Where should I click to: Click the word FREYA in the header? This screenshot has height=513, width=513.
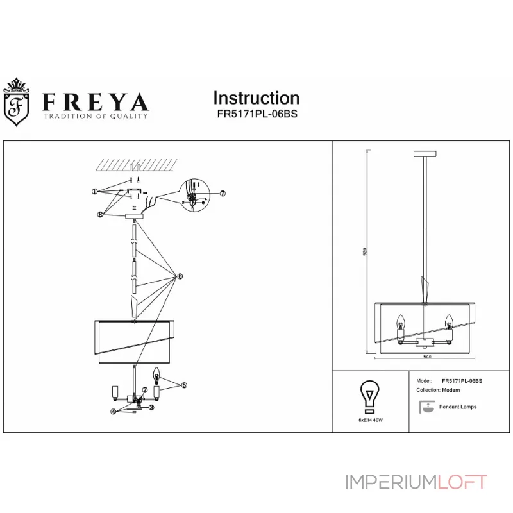click(x=96, y=102)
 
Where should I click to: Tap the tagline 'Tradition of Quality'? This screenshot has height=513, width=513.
click(x=95, y=117)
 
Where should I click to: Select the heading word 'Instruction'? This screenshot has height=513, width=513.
click(x=256, y=98)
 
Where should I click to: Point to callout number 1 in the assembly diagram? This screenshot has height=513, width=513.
click(x=94, y=191)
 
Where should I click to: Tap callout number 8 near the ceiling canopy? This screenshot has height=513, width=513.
click(x=101, y=215)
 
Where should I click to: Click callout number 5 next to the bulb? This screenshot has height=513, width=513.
click(x=183, y=385)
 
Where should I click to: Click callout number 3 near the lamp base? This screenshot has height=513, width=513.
click(x=152, y=407)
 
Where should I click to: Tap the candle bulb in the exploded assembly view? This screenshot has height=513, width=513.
click(x=156, y=373)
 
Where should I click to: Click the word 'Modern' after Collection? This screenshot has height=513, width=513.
click(x=452, y=390)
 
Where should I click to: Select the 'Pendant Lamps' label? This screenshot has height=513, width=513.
click(x=457, y=407)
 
